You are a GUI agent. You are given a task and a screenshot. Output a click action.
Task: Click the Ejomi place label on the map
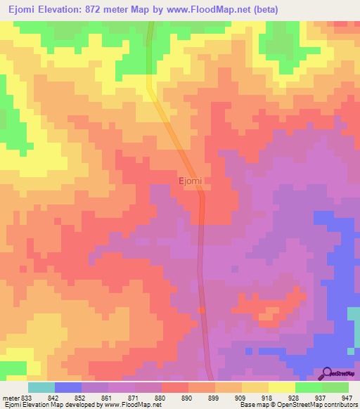coord(190,181)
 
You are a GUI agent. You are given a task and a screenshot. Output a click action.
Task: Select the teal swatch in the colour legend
coord(41,387)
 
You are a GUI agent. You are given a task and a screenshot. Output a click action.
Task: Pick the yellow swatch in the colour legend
coord(281,387)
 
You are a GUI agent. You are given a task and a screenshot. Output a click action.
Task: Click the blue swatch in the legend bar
coord(68,387)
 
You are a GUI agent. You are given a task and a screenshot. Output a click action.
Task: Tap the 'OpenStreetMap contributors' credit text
coord(320,405)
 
